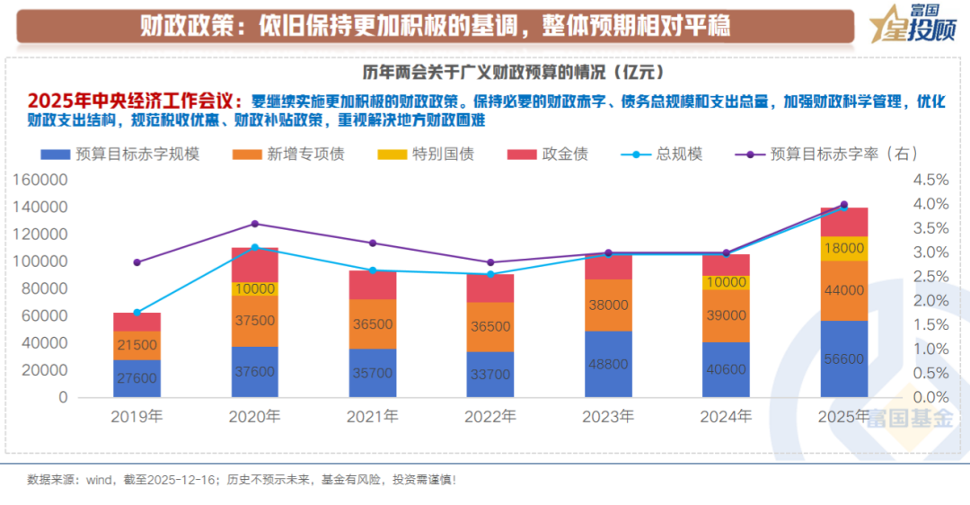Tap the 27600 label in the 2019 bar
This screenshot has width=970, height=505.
(x=137, y=378)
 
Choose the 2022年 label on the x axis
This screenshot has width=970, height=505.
(x=489, y=417)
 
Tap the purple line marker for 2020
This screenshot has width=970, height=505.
(x=255, y=224)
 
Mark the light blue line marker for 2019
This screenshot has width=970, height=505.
(x=137, y=313)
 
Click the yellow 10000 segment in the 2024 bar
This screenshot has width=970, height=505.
(x=725, y=283)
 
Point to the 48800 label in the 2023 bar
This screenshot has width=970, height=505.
(x=607, y=365)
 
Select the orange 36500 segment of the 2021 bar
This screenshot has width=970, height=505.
(x=373, y=323)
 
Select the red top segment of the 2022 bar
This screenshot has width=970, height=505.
(x=489, y=288)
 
